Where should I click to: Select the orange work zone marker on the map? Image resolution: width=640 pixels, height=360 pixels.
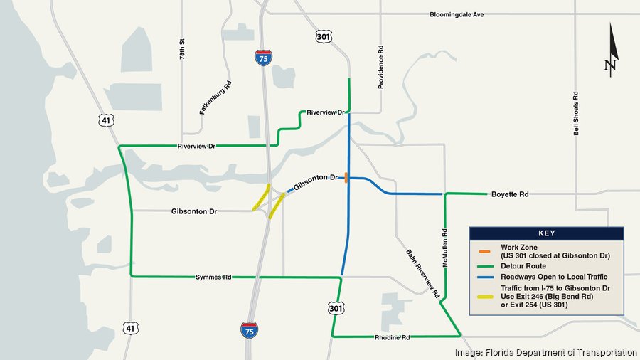click(x=346, y=178)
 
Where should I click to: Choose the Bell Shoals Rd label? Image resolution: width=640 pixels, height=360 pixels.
click(x=577, y=113)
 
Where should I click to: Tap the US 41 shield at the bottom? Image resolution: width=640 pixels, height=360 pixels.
click(x=129, y=328)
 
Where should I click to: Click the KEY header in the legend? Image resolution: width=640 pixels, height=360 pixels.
click(x=545, y=233)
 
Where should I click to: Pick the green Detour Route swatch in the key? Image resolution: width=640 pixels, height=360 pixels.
click(x=484, y=265)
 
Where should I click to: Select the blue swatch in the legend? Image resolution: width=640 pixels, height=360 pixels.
click(x=484, y=276)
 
